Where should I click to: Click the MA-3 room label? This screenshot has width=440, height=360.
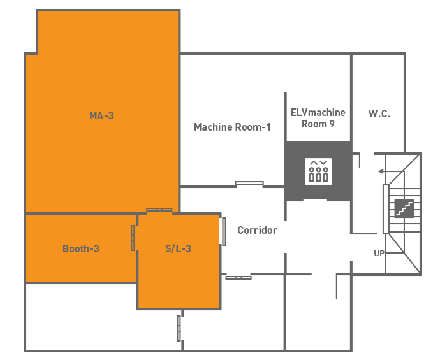coord(101,115)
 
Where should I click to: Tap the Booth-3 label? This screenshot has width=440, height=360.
coord(81,248)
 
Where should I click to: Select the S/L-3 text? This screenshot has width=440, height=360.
coord(178,248)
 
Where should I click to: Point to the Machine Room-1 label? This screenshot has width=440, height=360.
coord(232,127)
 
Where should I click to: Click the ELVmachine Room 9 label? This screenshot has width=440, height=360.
coord(318,118)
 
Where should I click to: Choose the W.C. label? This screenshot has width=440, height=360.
coord(379,113)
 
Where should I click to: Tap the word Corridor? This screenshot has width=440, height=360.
coord(257,230)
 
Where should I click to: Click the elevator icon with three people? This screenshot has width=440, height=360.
coord(318,171)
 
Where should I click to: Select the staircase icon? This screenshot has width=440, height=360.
coord(404,208)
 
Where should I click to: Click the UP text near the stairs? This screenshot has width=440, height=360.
coord(379,254)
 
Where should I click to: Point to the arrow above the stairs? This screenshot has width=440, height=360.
coord(392,171)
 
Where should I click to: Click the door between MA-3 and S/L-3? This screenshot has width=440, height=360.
coord(159,210)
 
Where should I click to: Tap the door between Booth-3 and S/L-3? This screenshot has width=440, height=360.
coord(133,238)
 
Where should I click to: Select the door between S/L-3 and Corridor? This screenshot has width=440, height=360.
coord(224,231)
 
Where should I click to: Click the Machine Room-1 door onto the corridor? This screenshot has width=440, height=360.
coord(249,183)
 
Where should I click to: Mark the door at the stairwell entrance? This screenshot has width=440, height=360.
coord(386,209)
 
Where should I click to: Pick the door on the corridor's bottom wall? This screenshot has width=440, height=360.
coord(238,278)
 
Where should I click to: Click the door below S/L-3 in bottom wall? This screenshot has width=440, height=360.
coord(179,328)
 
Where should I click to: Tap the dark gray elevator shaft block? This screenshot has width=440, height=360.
coord(318,171)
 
